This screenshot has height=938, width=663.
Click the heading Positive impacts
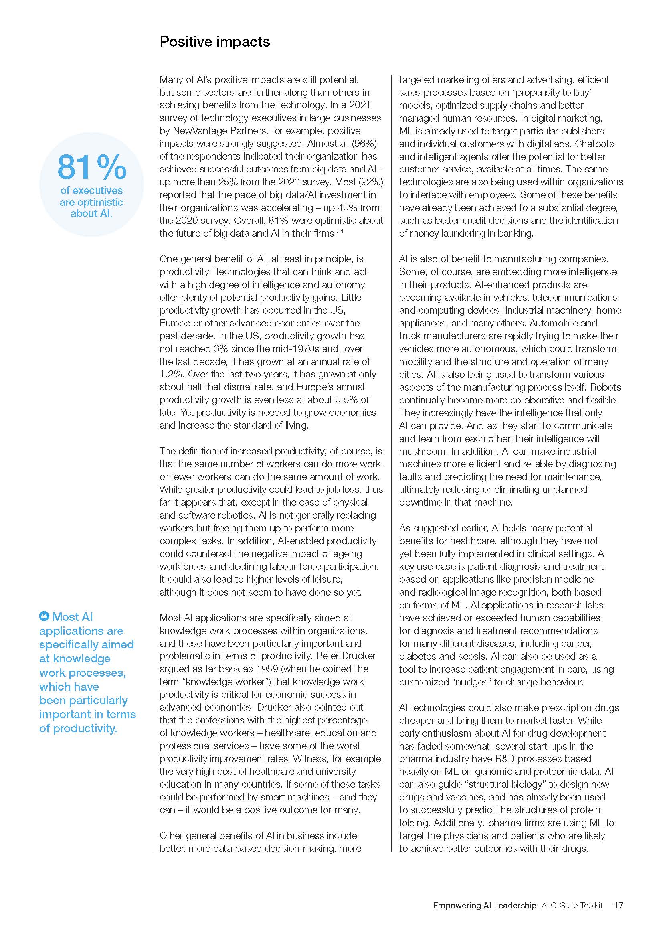(x=215, y=42)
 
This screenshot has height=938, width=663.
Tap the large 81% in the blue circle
(x=92, y=167)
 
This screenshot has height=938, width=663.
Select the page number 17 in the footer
(x=619, y=906)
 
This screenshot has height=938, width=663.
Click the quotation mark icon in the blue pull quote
(x=44, y=616)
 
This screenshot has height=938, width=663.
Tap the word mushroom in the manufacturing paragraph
(x=421, y=452)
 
